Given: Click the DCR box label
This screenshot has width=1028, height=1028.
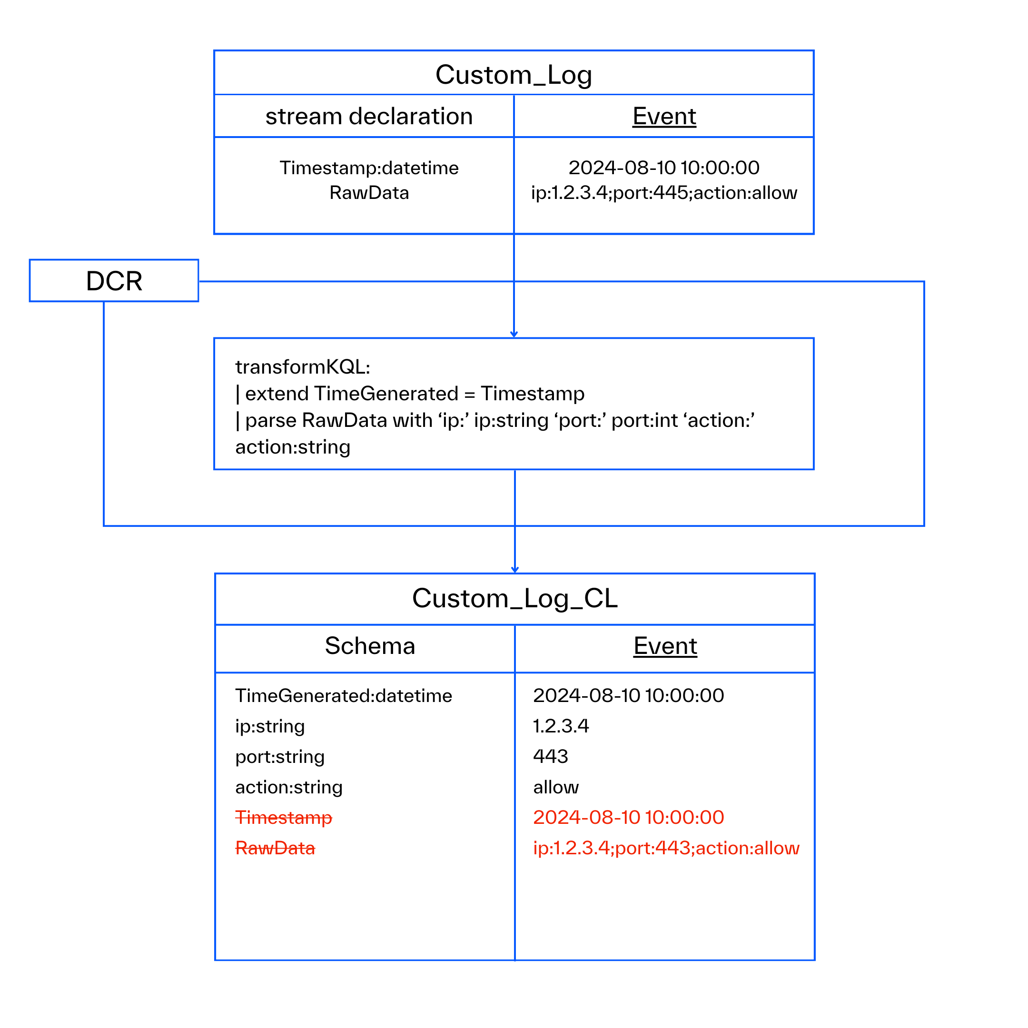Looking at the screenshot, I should [114, 281].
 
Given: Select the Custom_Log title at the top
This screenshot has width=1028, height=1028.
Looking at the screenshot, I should [514, 75].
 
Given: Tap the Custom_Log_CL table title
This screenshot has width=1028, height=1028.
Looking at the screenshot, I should [514, 598].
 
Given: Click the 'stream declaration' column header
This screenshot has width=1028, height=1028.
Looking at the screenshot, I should [369, 116].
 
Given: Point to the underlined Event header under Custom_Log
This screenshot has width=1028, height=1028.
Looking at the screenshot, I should [664, 116].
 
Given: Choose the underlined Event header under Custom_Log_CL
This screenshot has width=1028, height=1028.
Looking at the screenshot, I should [665, 646].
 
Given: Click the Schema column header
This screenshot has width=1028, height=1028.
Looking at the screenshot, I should [370, 646].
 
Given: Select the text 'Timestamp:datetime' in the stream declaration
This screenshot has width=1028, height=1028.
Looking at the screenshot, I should [369, 168].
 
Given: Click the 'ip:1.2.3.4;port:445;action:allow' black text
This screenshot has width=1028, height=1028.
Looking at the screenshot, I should [664, 193].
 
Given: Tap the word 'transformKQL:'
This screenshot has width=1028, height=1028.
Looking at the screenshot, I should [302, 366].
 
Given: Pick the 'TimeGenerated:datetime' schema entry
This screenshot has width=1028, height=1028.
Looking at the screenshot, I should [343, 695].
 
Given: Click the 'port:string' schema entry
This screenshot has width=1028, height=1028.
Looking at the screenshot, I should [280, 757].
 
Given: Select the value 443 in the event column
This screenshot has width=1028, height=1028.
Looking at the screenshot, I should [550, 756].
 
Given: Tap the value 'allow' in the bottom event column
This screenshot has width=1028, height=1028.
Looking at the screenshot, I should [555, 787].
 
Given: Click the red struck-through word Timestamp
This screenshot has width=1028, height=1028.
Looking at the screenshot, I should [284, 817].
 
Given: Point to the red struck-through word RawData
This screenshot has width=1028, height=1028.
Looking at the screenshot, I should [275, 848].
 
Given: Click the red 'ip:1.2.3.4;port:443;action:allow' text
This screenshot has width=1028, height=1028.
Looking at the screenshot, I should [666, 848].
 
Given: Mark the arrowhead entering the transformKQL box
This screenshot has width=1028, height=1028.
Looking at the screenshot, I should [514, 335].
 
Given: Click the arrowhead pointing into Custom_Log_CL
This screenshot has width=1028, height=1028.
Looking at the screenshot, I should [514, 570].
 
